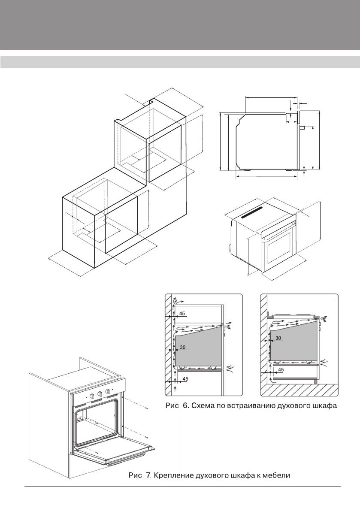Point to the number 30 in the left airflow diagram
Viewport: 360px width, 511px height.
click(182, 348)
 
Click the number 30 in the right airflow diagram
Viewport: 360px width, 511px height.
click(278, 338)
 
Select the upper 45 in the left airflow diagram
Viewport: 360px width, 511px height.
click(182, 314)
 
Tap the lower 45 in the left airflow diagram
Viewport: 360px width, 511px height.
click(185, 379)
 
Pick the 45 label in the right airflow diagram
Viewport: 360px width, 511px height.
click(281, 369)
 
